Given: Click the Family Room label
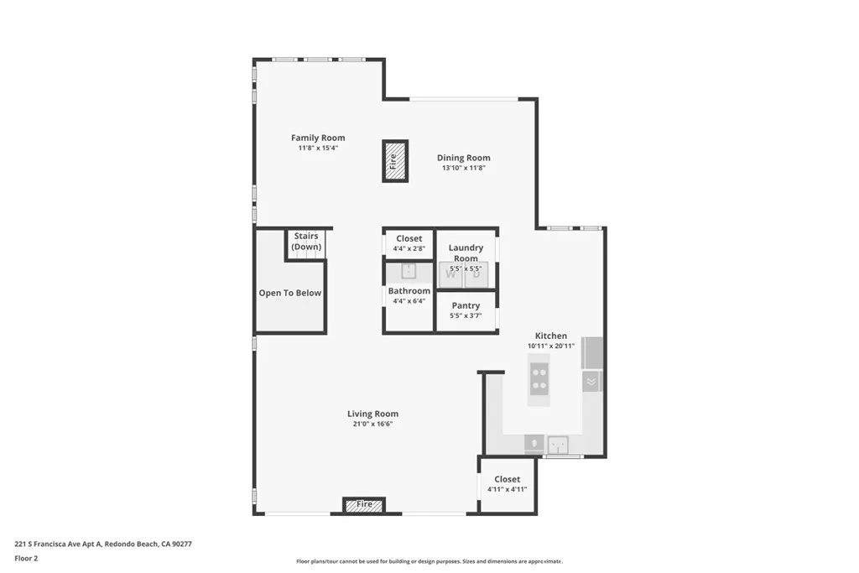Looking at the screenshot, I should pyautogui.click(x=318, y=138).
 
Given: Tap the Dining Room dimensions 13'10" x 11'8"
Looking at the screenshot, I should pyautogui.click(x=463, y=168).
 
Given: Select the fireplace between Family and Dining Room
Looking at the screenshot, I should pyautogui.click(x=395, y=160).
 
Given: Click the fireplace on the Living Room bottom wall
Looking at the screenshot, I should pyautogui.click(x=364, y=505).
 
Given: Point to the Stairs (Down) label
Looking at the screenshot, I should pyautogui.click(x=305, y=242).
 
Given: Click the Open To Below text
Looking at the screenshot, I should pyautogui.click(x=289, y=293).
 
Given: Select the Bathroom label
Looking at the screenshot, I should pyautogui.click(x=409, y=291).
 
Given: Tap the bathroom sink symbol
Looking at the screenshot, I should pyautogui.click(x=409, y=271).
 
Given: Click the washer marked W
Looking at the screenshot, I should pyautogui.click(x=451, y=273).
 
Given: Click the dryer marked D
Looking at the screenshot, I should pyautogui.click(x=476, y=273).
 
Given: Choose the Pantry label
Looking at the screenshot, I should pyautogui.click(x=466, y=305).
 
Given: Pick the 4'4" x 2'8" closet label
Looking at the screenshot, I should pyautogui.click(x=409, y=248).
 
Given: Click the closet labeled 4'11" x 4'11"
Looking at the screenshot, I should pyautogui.click(x=507, y=484).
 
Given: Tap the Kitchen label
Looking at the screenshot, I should pyautogui.click(x=551, y=336).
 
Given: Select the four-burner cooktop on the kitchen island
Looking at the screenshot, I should pyautogui.click(x=539, y=379).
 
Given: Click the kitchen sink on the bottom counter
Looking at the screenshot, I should pyautogui.click(x=558, y=444).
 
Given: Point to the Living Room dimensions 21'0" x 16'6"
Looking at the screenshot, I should pyautogui.click(x=372, y=425).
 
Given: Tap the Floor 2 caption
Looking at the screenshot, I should pyautogui.click(x=26, y=558).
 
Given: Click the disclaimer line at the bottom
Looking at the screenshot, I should pyautogui.click(x=429, y=561).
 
